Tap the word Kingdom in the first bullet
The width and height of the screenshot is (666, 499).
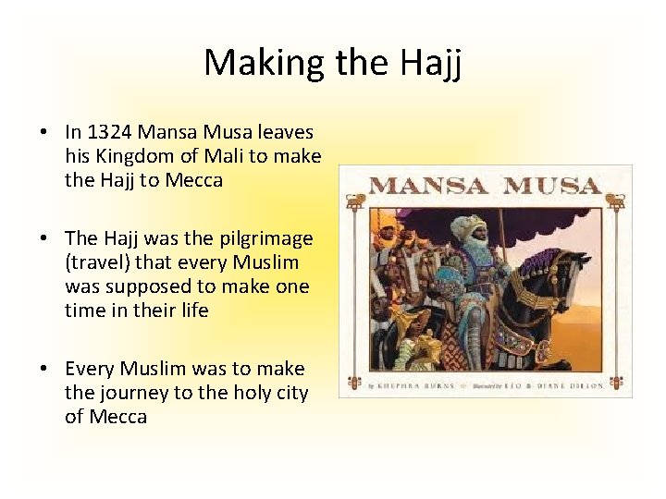[130, 156]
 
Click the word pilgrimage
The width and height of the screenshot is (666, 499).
[265, 239]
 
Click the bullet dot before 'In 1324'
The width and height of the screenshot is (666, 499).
[43, 133]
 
